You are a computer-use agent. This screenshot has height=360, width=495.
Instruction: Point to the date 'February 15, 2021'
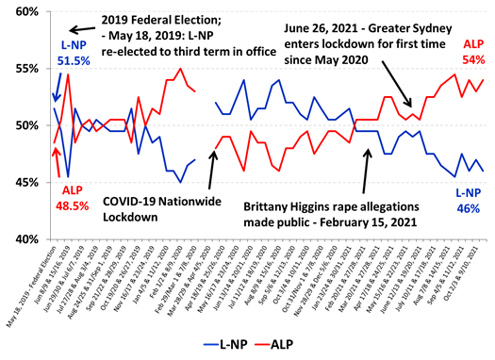(x=378, y=221)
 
